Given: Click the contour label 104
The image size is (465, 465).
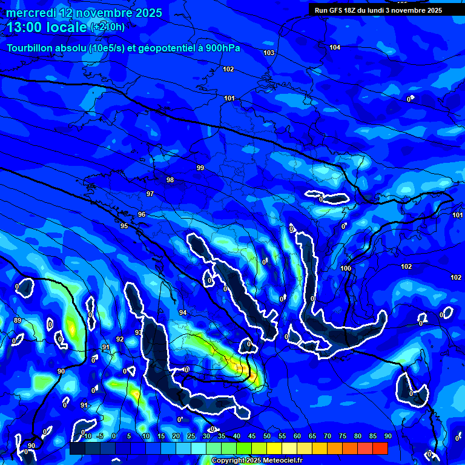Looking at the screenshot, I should pos(335,47).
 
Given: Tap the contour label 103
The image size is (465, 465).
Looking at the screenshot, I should pos(269,53).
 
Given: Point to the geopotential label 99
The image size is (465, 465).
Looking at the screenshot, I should pos(200,168).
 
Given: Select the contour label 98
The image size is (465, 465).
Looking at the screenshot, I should pos(170,180).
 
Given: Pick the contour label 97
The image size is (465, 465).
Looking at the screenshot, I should pos(150,194).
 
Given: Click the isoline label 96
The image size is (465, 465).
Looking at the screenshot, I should pos(142,215).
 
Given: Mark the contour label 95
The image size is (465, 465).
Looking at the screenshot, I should pos(124,226).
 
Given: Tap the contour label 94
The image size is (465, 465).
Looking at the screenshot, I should pos(183,312).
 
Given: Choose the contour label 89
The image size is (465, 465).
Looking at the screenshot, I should pos(18,320).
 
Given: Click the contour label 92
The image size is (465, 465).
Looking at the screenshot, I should pos(120,339).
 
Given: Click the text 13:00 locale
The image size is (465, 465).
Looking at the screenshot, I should pos(47,27).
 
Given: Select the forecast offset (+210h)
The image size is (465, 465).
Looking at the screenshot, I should pos(108,27).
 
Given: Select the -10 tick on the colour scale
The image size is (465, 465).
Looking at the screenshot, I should pos(86,436).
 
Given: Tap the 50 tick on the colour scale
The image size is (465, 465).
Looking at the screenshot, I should pos(266,436).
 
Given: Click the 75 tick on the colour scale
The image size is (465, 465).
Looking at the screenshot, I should pos(342,436).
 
